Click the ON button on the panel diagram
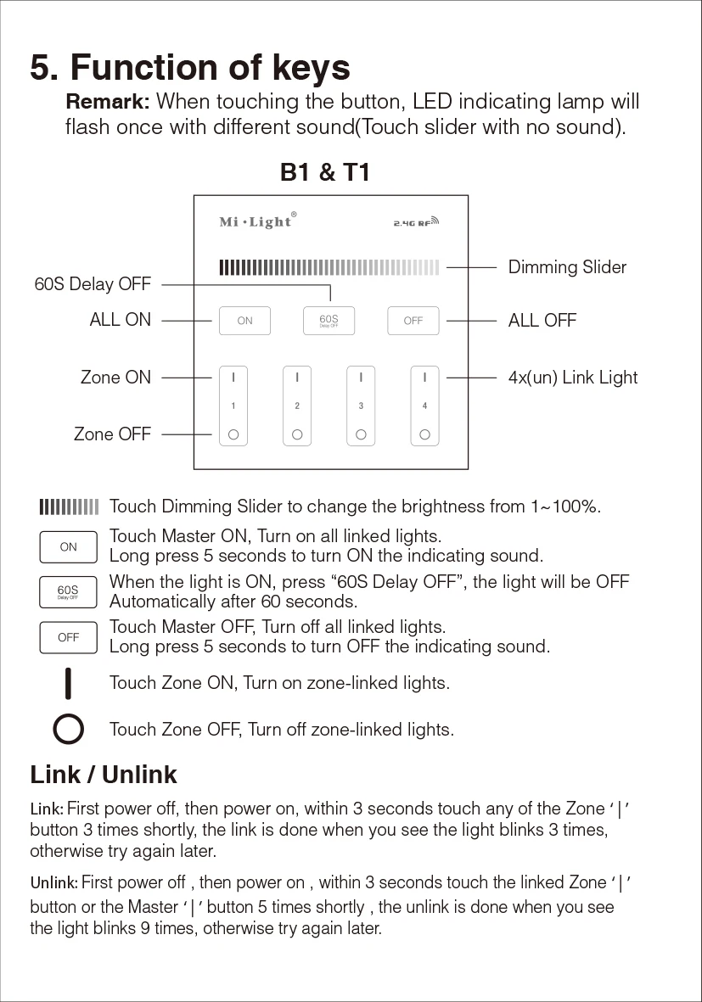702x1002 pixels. click(x=244, y=321)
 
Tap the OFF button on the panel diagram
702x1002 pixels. click(x=413, y=321)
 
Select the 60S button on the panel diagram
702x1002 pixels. click(x=329, y=320)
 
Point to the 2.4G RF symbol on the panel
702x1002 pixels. click(x=416, y=223)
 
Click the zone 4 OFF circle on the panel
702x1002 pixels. click(x=424, y=435)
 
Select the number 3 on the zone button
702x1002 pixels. click(x=361, y=406)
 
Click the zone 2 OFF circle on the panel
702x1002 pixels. click(x=297, y=435)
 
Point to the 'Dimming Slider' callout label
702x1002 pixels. click(x=567, y=267)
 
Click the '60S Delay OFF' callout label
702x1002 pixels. click(x=93, y=284)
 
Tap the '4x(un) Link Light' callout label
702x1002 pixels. click(x=573, y=378)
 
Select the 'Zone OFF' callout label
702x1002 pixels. click(x=112, y=434)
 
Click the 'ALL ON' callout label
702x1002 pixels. click(x=121, y=320)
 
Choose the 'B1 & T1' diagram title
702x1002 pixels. click(x=325, y=173)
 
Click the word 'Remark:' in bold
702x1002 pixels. click(x=108, y=102)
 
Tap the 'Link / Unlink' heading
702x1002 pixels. click(x=104, y=775)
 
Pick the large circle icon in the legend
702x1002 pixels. click(x=69, y=729)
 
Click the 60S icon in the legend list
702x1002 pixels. click(x=69, y=591)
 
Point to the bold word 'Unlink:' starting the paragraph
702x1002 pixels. click(x=54, y=882)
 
